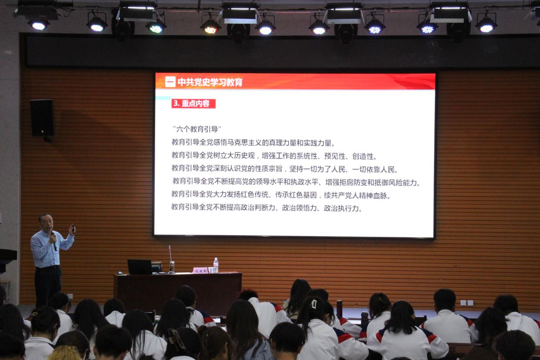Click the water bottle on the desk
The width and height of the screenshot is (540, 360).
pos(216,265)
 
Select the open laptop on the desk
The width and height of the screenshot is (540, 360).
pos(140,267)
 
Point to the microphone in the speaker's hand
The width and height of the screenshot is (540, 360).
pos(54,239)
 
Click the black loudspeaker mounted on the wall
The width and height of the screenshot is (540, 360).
pos(42,118)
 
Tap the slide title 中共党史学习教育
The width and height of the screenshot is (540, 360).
pos(210,82)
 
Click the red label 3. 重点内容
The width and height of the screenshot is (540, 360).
pos(193,104)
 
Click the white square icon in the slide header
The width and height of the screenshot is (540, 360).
pos(170,82)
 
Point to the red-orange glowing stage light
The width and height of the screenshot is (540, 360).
pos(210,29)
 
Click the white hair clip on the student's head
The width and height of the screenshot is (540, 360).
pos(314,303)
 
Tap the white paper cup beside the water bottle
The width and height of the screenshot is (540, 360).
pos(210,270)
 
